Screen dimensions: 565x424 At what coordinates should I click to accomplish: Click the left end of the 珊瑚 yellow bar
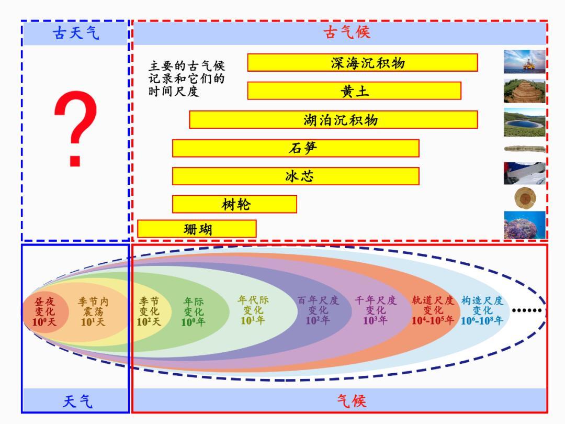pyautogui.click(x=138, y=229)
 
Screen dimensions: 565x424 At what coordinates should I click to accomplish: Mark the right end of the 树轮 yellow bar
pyautogui.click(x=297, y=204)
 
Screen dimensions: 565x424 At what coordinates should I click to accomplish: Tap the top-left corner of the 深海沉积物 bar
pyautogui.click(x=247, y=54)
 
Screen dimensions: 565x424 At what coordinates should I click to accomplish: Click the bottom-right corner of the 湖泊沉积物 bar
pyautogui.click(x=478, y=128)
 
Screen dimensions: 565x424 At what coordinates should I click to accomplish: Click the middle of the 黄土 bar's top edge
pyautogui.click(x=354, y=82)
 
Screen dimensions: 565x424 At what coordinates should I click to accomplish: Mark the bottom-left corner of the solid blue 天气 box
pyautogui.click(x=21, y=412)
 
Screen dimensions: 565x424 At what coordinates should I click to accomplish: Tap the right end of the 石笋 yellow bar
pyautogui.click(x=419, y=148)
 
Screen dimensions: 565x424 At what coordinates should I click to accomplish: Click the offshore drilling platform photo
pyautogui.click(x=524, y=62)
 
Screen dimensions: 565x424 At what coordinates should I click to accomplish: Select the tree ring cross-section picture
pyautogui.click(x=525, y=198)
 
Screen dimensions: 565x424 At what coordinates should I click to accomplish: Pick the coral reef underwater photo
pyautogui.click(x=524, y=225)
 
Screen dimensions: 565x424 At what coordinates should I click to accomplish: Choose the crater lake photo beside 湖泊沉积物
pyautogui.click(x=524, y=122)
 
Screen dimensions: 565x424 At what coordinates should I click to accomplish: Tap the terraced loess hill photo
pyautogui.click(x=524, y=91)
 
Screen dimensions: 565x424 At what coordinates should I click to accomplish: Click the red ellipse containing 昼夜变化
pyautogui.click(x=45, y=311)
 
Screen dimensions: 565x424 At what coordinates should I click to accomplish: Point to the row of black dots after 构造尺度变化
pyautogui.click(x=527, y=310)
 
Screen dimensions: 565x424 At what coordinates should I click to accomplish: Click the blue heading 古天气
pyautogui.click(x=76, y=33)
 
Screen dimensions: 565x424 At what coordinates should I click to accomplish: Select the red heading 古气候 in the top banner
pyautogui.click(x=347, y=32)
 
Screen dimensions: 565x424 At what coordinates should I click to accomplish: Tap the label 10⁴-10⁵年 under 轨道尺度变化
pyautogui.click(x=433, y=320)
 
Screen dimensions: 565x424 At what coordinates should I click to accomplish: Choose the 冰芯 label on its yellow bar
pyautogui.click(x=299, y=176)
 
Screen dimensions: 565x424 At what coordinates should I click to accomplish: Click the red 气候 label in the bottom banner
pyautogui.click(x=352, y=401)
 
